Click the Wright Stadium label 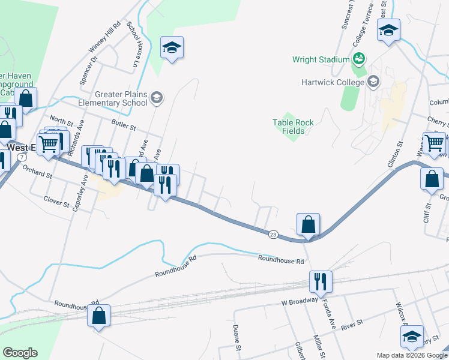321,59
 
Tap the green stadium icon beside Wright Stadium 359,59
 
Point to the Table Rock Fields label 294,127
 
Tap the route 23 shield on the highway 273,234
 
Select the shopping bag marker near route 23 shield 308,225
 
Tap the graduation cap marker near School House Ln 172,47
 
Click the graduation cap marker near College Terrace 388,30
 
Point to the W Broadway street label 298,303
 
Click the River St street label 352,323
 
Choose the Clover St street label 57,201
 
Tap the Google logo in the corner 20,353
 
